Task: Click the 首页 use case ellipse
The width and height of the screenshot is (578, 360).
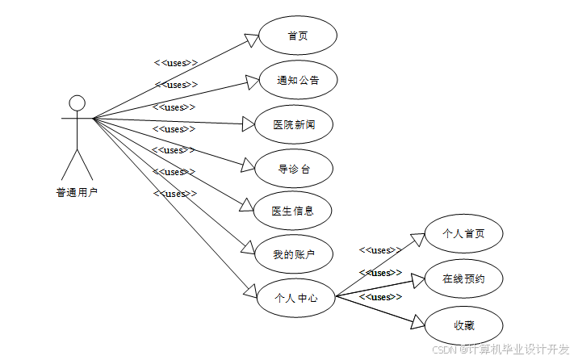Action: pyautogui.click(x=297, y=36)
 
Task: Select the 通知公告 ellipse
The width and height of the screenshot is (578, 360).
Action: pyautogui.click(x=297, y=80)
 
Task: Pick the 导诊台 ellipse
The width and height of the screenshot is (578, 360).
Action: pyautogui.click(x=294, y=169)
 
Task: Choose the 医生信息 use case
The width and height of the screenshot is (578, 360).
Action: pyautogui.click(x=292, y=211)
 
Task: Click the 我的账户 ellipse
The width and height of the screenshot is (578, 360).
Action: pyautogui.click(x=292, y=255)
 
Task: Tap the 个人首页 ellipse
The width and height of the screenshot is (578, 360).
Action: pyautogui.click(x=463, y=234)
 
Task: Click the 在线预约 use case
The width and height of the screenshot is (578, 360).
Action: pyautogui.click(x=463, y=279)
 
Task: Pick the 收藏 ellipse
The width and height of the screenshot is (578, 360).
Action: pyautogui.click(x=463, y=324)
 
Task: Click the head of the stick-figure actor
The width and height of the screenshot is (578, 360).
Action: pyautogui.click(x=77, y=103)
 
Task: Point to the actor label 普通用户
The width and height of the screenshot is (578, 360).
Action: pyautogui.click(x=77, y=193)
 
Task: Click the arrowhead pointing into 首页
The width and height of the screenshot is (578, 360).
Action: pyautogui.click(x=250, y=41)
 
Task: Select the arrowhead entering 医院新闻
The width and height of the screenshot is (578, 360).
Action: pyautogui.click(x=247, y=123)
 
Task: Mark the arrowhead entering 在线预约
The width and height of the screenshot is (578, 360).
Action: pyautogui.click(x=418, y=279)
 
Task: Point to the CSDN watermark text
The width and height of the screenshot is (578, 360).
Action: pyautogui.click(x=500, y=350)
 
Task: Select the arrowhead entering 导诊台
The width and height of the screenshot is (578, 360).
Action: pyautogui.click(x=249, y=165)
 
